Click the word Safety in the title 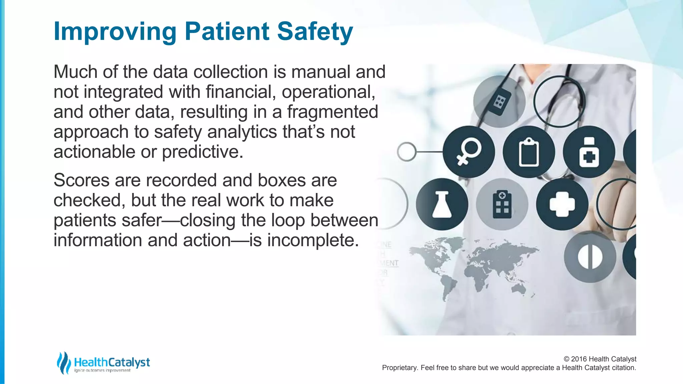click(315, 31)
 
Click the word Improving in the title click(115, 31)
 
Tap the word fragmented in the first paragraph click(332, 112)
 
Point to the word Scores click(81, 180)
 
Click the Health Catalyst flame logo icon click(63, 363)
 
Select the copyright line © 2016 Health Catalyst click(600, 359)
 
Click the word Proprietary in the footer click(400, 368)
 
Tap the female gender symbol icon click(469, 152)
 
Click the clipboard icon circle click(529, 152)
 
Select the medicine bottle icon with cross click(589, 152)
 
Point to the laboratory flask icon click(442, 204)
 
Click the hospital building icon click(502, 204)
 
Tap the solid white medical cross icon click(562, 204)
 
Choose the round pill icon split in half click(590, 257)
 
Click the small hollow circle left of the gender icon click(407, 152)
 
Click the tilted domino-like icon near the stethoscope click(499, 101)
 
